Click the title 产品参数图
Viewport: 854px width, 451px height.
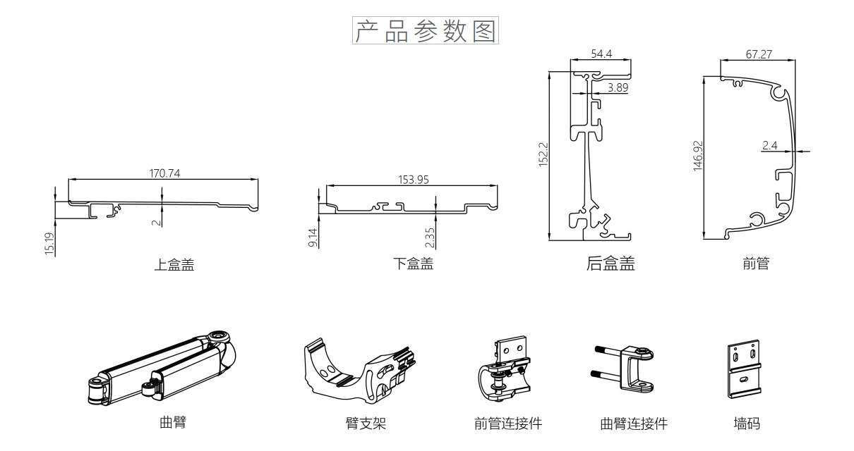426,32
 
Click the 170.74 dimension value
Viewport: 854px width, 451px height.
164,174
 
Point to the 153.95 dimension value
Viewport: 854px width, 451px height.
414,179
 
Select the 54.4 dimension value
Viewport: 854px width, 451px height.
601,54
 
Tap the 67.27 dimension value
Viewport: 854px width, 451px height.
758,54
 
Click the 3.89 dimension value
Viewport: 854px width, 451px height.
618,87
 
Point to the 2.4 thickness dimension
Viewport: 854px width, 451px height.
769,146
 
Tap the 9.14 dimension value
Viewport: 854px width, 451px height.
313,237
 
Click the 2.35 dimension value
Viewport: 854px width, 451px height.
431,237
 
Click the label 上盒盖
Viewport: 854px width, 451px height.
174,265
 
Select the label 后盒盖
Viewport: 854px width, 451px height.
611,264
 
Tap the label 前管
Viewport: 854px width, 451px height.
756,264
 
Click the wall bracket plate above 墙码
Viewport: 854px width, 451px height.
745,369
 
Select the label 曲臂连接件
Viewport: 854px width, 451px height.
633,424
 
